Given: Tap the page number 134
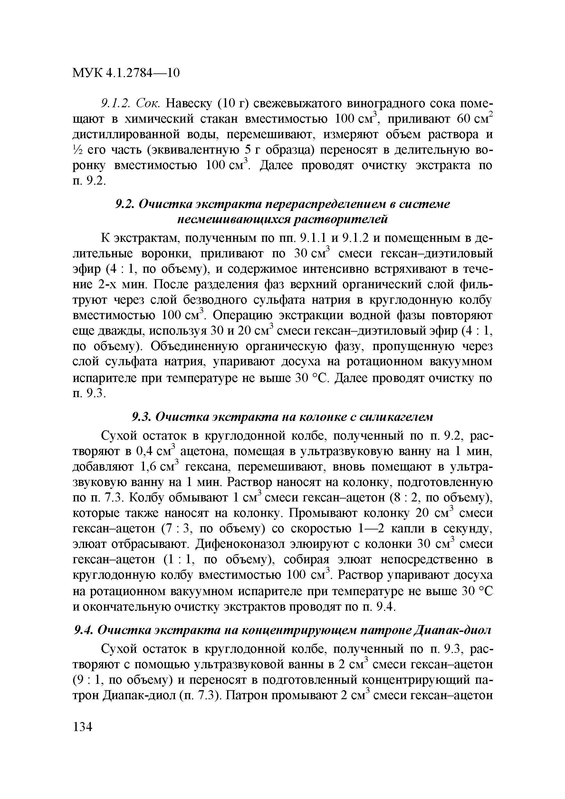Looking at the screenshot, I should point(82,727).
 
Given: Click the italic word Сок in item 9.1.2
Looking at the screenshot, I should point(148,103).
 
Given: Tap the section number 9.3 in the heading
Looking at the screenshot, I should point(142,416).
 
